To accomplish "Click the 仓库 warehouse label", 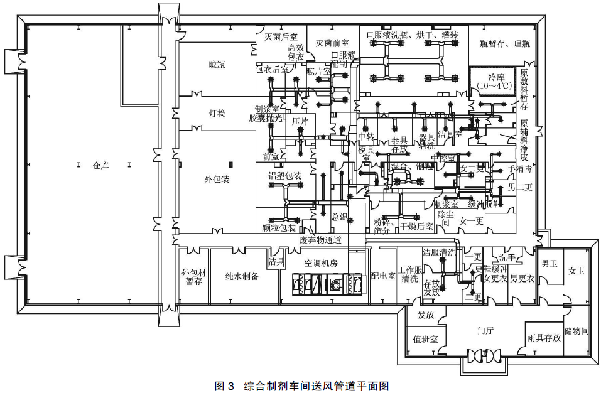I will point(101,166).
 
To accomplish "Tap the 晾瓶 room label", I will point(217,65).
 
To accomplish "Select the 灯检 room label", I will point(217,114).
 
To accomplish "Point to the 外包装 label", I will point(217,180).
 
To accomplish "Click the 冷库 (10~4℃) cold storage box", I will point(492,80).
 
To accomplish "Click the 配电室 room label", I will point(383,276).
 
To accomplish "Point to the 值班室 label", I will point(426,338).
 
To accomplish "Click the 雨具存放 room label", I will point(544,338).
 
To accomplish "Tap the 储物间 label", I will point(577,330).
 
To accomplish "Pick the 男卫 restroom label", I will point(550,264).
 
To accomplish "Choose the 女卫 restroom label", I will point(576,271).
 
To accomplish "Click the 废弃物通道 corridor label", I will point(320,240).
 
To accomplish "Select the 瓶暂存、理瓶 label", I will point(504,44).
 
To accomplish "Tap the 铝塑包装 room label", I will point(284,176).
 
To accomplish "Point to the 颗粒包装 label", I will point(278,227).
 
